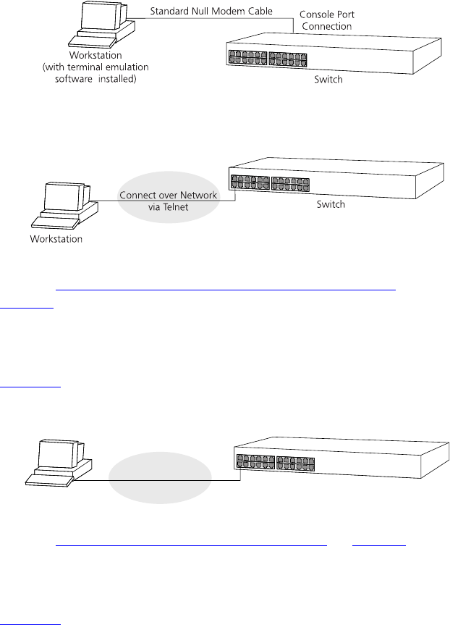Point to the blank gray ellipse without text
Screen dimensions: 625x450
pos(160,478)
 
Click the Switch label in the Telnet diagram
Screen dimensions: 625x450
pos(331,204)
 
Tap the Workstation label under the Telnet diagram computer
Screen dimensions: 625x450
pos(56,238)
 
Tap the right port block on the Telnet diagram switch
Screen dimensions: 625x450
pos(290,183)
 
